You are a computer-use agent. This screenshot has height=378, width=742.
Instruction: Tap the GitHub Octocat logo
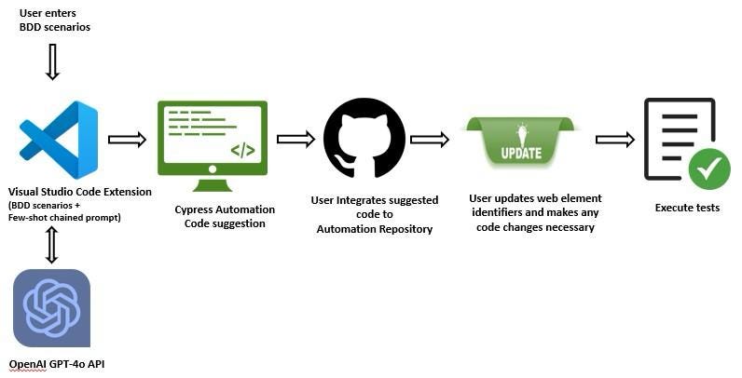pos(364,137)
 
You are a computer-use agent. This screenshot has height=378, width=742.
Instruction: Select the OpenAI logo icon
pos(51,307)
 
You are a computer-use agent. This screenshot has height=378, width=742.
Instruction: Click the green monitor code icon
pos(213,138)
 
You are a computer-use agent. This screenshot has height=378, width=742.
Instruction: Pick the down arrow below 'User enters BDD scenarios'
pos(52,61)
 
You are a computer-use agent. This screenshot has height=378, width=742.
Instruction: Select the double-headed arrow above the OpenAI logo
pos(52,244)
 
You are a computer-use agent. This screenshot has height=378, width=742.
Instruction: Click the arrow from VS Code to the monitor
pos(127,140)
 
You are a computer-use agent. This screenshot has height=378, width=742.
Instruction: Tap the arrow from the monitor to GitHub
pos(295,140)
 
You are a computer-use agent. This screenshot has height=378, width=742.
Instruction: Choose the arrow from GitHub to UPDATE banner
pos(430,140)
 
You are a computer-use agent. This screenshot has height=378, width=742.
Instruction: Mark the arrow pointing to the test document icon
pos(614,140)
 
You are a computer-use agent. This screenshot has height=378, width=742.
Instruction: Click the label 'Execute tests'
pos(687,208)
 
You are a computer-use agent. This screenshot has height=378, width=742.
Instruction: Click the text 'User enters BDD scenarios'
pos(54,20)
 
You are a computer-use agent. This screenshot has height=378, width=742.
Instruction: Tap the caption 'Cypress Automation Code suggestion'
pos(220,216)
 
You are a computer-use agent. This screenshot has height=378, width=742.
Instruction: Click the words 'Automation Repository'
pos(374,228)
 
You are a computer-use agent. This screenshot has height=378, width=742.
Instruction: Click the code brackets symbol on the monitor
pos(242,149)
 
